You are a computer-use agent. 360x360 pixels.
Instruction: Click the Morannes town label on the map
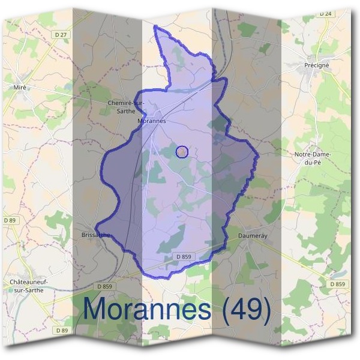pyautogui.click(x=151, y=121)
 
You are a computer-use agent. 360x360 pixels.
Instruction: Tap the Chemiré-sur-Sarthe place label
pyautogui.click(x=126, y=106)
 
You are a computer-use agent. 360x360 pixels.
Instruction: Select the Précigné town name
pyautogui.click(x=317, y=65)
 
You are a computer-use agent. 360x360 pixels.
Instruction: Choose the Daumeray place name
pyautogui.click(x=252, y=236)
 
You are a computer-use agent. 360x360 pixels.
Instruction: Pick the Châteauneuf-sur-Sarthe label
pyautogui.click(x=29, y=285)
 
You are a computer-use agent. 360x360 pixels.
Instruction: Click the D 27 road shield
pyautogui.click(x=61, y=35)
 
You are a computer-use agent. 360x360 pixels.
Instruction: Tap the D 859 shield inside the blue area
pyautogui.click(x=184, y=257)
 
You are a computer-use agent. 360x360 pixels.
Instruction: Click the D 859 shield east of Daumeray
pyautogui.click(x=338, y=284)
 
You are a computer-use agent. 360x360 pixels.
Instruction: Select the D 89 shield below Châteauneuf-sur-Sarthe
pyautogui.click(x=61, y=331)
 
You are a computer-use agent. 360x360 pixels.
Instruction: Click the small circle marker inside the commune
pyautogui.click(x=182, y=152)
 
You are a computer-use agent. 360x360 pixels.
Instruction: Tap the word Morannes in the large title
pyautogui.click(x=147, y=309)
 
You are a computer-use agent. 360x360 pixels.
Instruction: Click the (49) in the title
pyautogui.click(x=247, y=310)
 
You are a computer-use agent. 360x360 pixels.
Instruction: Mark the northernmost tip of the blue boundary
pyautogui.click(x=155, y=26)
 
